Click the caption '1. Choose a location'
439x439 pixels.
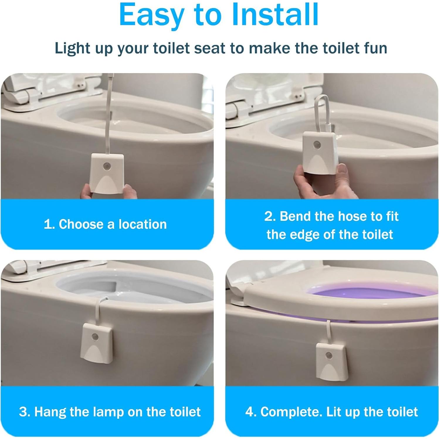tap(105, 224)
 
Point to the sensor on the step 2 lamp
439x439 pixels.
tap(317, 145)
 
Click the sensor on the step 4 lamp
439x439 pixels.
tap(328, 356)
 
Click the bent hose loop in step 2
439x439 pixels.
tap(322, 111)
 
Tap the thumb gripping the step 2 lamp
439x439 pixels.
tap(341, 170)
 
